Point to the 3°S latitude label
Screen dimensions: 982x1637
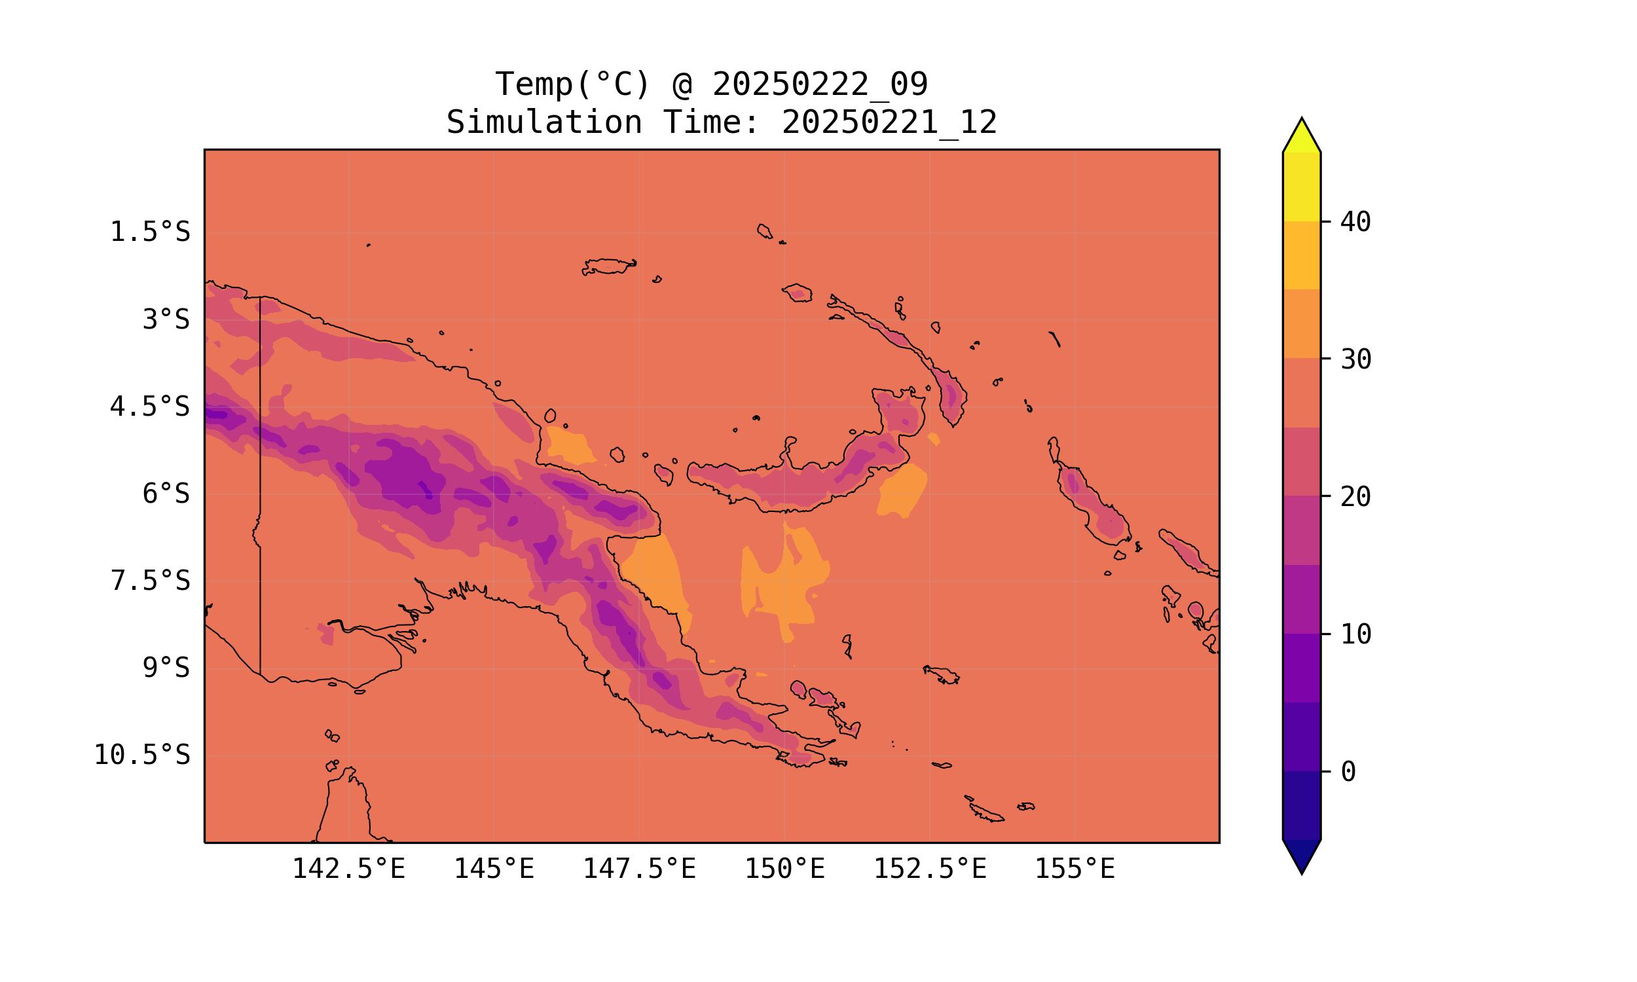coord(166,319)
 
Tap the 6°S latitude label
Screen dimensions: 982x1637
coord(166,494)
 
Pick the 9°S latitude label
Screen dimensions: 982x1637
coord(166,668)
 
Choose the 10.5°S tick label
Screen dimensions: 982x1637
coord(141,755)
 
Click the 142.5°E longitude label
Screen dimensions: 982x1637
coord(349,869)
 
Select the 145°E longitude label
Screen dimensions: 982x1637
coord(494,869)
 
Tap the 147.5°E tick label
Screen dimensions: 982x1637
coord(639,869)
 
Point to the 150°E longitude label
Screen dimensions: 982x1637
coord(784,869)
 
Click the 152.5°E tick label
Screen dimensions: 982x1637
coord(930,869)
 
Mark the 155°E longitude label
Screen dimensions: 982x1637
coord(1075,869)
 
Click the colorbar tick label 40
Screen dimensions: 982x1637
coord(1356,223)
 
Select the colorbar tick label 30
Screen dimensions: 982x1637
coord(1356,360)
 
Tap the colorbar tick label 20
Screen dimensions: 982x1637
coord(1356,497)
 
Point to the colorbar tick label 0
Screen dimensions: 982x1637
coord(1348,773)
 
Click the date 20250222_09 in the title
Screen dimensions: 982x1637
coord(820,84)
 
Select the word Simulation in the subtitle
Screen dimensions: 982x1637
coord(544,123)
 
